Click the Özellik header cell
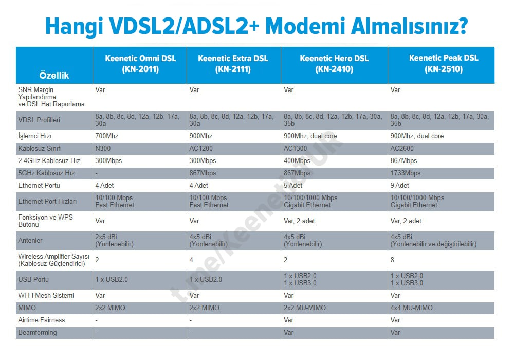[x=54, y=75]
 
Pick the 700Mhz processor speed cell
[x=107, y=136]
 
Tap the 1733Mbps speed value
[x=406, y=173]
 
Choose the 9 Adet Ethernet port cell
[x=400, y=186]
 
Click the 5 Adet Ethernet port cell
[x=293, y=186]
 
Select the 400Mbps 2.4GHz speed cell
[x=298, y=161]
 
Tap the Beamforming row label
[x=38, y=333]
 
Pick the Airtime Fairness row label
[x=42, y=320]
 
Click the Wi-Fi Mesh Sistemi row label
[x=46, y=296]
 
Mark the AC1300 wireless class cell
[x=295, y=149]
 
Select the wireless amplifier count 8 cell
[x=393, y=260]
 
